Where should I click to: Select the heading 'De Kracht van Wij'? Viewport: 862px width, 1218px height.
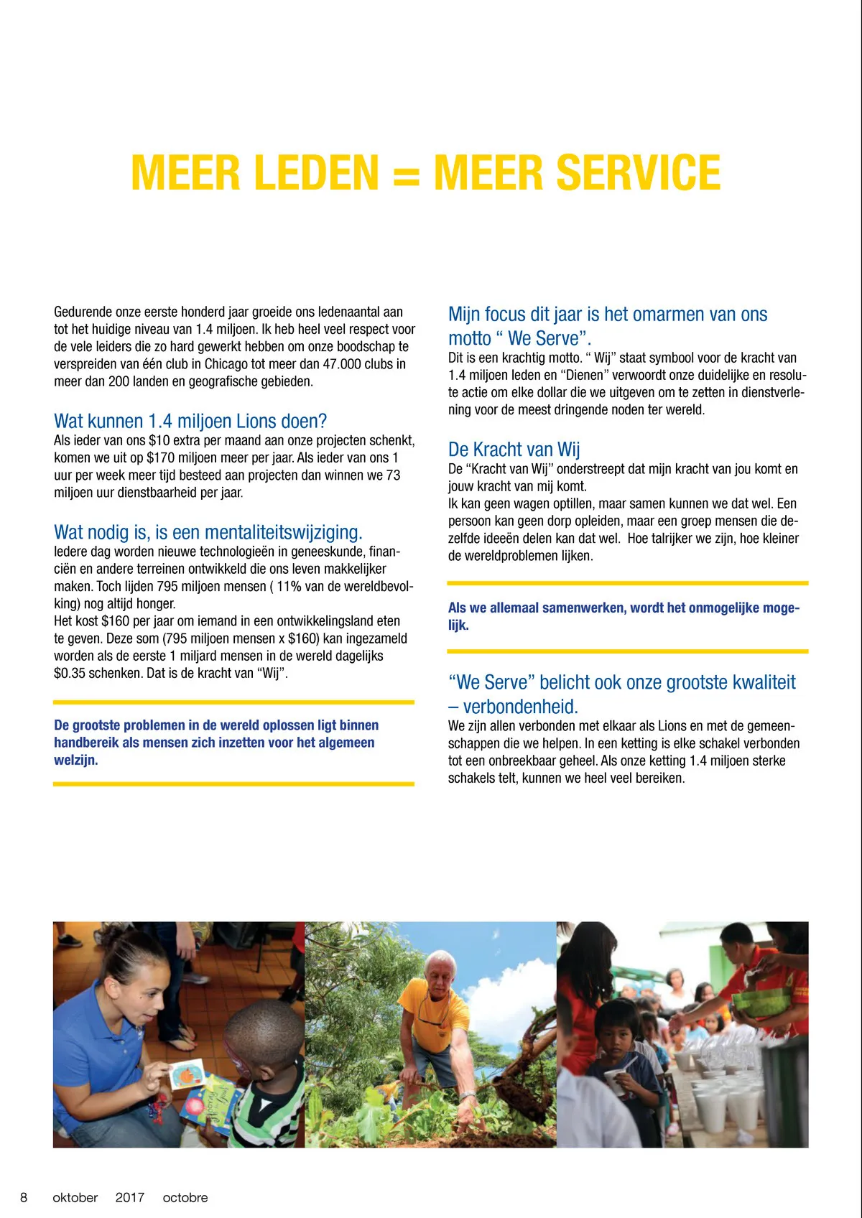coord(514,450)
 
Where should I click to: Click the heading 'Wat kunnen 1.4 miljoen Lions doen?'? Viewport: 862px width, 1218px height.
coord(190,421)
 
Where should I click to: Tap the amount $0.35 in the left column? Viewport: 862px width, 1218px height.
coord(70,674)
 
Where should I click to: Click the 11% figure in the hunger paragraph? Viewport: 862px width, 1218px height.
coord(289,587)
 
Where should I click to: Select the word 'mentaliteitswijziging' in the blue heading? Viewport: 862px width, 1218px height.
coord(283,532)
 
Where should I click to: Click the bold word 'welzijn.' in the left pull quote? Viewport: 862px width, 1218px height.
coord(76,761)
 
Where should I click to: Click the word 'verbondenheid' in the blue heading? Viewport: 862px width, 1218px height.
coord(520,707)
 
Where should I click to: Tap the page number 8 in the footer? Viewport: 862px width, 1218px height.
coord(24,1197)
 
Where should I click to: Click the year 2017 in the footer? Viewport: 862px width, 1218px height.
coord(129,1197)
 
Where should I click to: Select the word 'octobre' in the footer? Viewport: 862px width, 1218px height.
coord(185,1197)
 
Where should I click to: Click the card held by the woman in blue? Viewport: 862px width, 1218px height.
coord(186,1075)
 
